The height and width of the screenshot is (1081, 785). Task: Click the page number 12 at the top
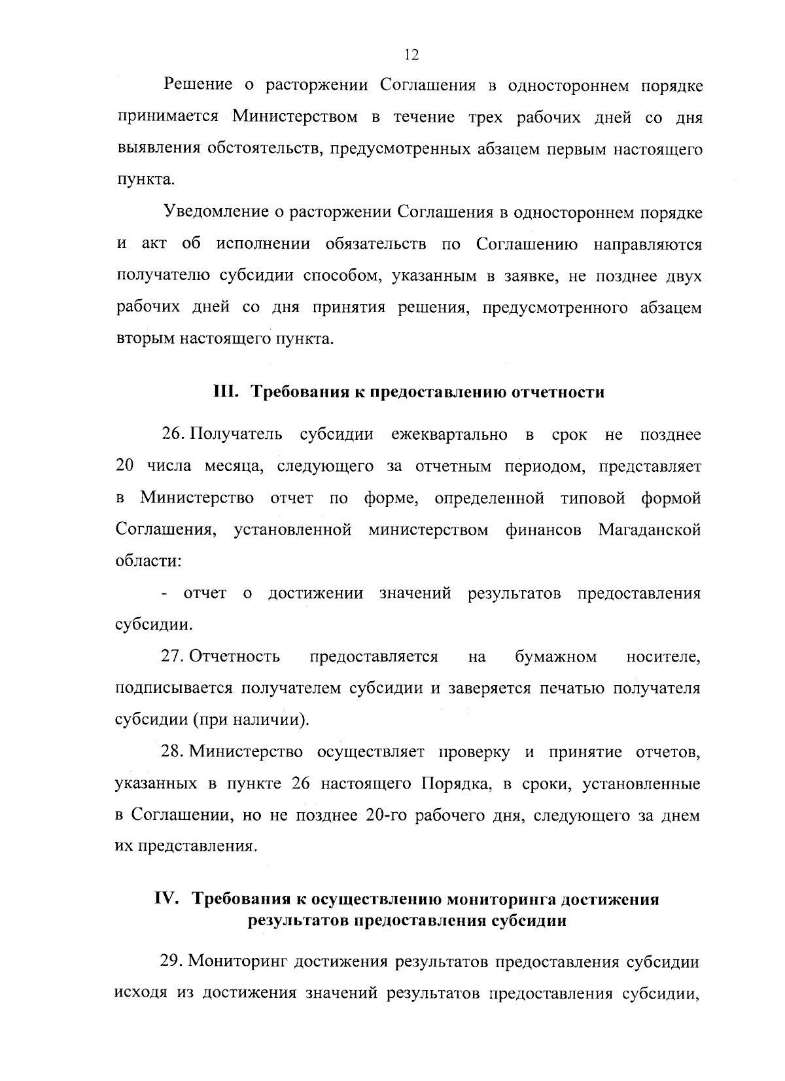[411, 55]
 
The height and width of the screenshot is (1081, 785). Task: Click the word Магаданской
[649, 529]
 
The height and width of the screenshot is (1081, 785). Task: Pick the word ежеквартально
[449, 434]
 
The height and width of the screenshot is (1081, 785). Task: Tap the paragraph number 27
[172, 656]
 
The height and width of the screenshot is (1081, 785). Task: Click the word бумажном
[555, 656]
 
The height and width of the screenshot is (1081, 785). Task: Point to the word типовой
[584, 498]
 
